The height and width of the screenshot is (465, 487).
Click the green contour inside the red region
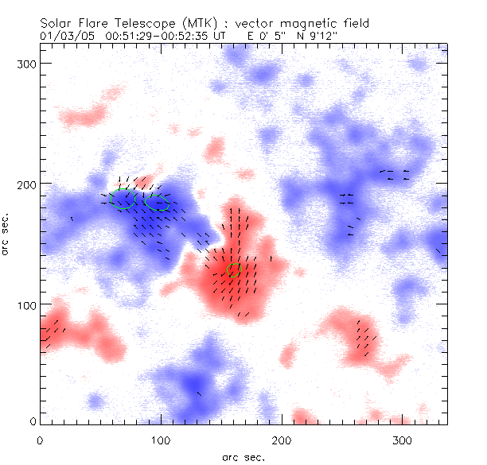(233, 270)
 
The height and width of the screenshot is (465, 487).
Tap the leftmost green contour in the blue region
(122, 200)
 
